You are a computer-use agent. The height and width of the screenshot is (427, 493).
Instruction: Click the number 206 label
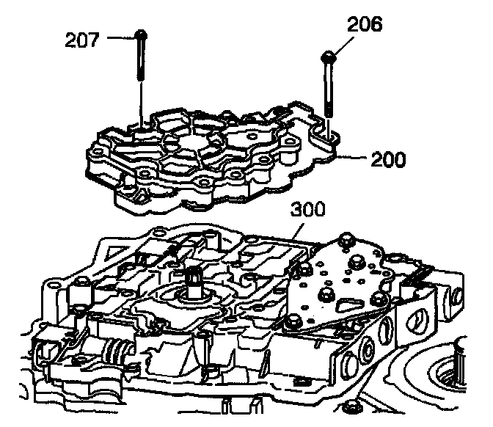pos(364,24)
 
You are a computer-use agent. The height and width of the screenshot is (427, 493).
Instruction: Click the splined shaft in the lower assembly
pos(197,280)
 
